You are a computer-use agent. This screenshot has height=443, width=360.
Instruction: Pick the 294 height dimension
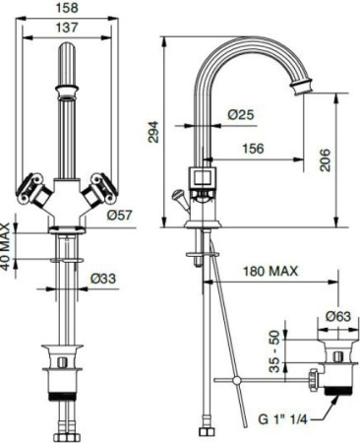tap(155, 136)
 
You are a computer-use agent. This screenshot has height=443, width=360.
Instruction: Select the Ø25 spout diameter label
tap(241, 115)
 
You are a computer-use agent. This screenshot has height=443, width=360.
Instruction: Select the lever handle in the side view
tap(179, 197)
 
